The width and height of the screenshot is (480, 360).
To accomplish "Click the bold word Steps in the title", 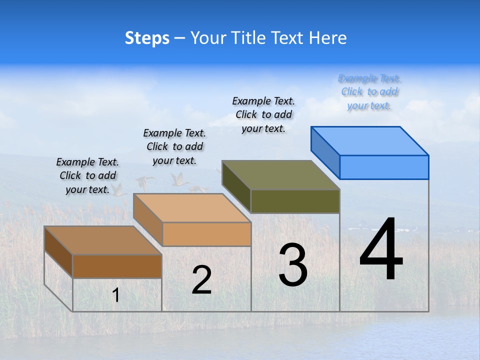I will (147, 38).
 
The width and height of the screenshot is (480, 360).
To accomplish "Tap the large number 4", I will (381, 249).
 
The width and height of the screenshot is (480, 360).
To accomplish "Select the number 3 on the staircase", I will (293, 265).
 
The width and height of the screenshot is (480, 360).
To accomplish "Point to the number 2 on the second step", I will (201, 280).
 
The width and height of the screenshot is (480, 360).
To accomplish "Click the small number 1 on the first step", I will (115, 295).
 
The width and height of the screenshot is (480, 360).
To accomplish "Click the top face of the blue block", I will (370, 141).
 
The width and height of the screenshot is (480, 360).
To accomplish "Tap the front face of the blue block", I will (384, 167).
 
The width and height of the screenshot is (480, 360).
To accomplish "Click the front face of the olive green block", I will (295, 201).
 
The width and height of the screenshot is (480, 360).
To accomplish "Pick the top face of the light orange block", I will (192, 208).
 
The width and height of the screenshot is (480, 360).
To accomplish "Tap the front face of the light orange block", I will (206, 234).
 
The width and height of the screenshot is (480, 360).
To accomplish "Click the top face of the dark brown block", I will (103, 240).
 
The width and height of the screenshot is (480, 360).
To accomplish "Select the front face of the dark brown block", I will (117, 266).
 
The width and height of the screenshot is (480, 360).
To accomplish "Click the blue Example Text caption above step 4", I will (369, 92).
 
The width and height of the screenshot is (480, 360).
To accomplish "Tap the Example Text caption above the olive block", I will (263, 114).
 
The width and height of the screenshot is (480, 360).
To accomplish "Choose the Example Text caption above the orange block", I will (174, 146).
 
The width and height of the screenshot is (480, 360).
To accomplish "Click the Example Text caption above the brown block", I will (87, 175).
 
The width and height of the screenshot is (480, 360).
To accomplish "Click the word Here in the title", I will (328, 38).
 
